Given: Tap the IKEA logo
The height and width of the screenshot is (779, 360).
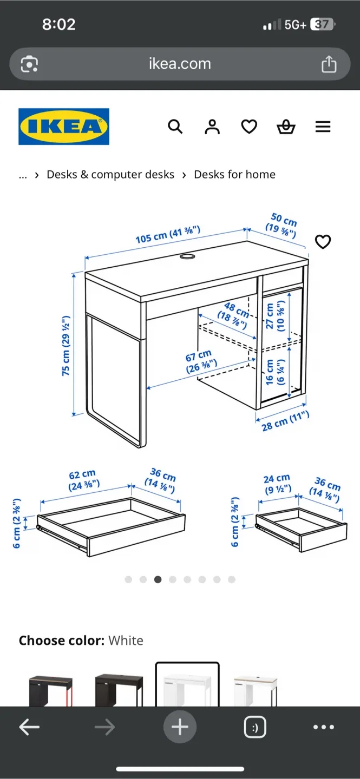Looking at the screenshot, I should click(x=64, y=127).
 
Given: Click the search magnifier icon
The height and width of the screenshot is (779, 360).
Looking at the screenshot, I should click(x=175, y=127).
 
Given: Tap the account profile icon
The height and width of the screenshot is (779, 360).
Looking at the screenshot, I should click(x=212, y=127).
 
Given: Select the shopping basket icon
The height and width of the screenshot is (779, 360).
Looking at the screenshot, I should click(x=286, y=127).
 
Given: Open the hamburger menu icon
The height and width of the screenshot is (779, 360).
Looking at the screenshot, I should click(x=323, y=127).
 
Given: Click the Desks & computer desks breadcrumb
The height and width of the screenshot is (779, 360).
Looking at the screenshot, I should click(x=110, y=174).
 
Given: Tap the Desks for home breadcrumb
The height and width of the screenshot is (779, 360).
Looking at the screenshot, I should click(x=234, y=174).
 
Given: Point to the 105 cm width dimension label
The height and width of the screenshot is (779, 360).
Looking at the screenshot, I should click(x=168, y=234).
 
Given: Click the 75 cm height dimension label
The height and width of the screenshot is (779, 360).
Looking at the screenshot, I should click(x=66, y=346).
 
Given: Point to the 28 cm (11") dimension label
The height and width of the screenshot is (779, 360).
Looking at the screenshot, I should click(x=285, y=421).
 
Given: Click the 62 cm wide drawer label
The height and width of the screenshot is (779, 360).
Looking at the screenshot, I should click(x=83, y=480).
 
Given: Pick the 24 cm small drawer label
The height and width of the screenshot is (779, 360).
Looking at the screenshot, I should click(x=277, y=484).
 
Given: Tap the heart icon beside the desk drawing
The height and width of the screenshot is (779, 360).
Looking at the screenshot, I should click(x=323, y=242).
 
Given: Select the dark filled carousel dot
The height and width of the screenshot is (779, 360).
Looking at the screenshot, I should click(x=158, y=579).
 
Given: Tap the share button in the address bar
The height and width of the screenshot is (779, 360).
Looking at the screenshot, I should click(x=329, y=64).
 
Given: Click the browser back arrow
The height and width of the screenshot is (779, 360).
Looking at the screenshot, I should click(x=29, y=728).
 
